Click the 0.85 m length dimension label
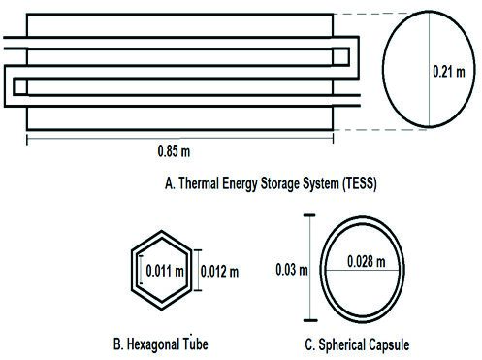174,151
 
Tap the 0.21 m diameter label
449,72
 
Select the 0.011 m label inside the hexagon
165,271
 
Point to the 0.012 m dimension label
219,272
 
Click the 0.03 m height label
292,270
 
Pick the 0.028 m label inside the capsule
367,261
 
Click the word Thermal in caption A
199,183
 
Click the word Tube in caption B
195,344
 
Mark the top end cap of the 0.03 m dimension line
309,215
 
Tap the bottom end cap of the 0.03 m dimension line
310,320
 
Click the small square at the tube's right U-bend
340,57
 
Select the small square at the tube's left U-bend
20,86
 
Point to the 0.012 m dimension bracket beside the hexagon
198,270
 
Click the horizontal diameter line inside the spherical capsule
362,270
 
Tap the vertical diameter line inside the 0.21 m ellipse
429,69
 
